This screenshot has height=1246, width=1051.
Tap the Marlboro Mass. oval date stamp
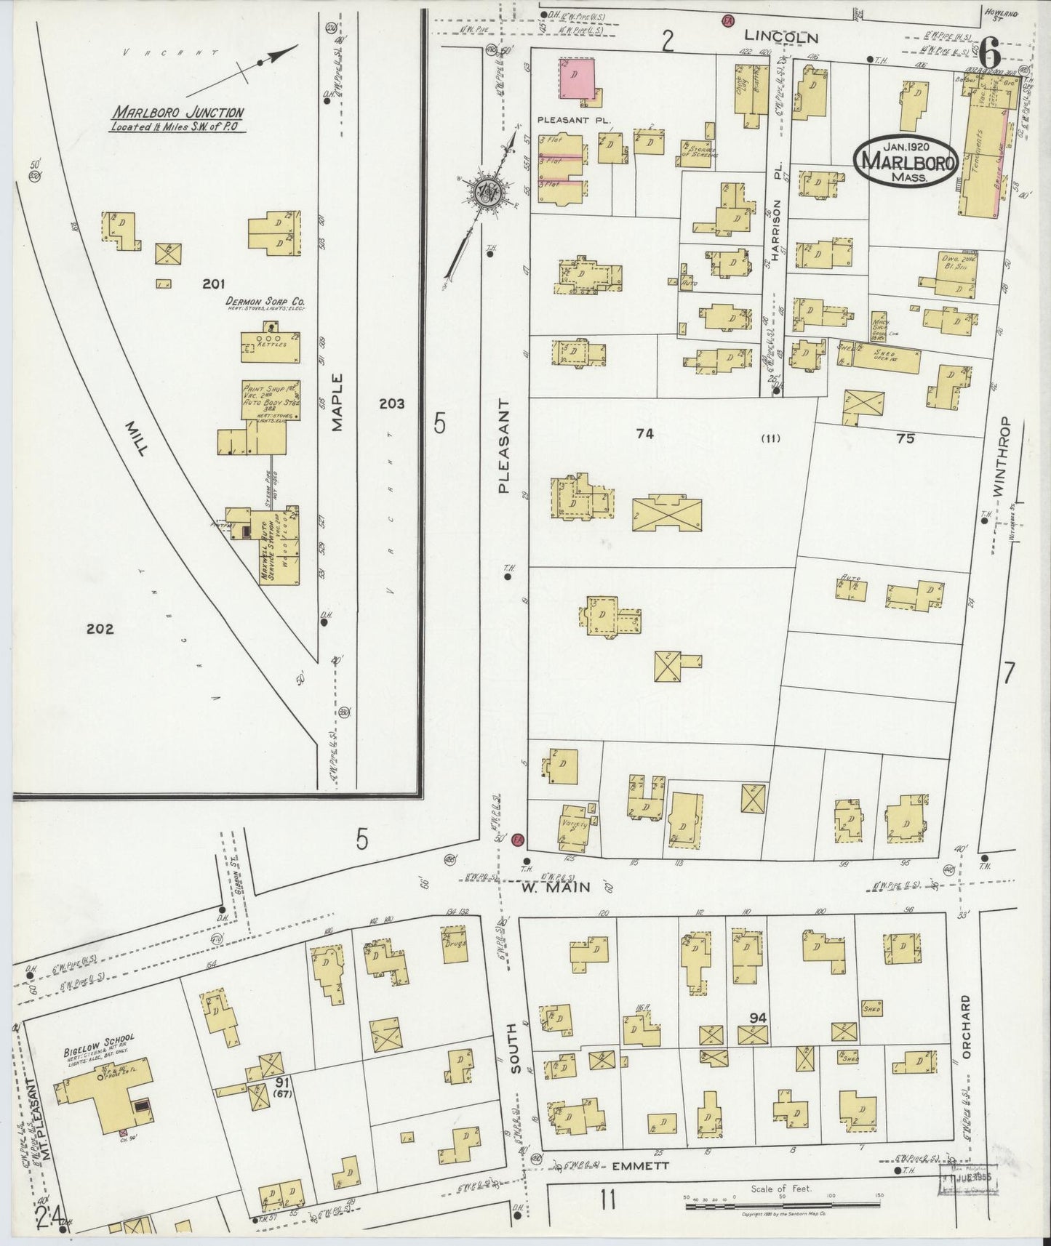pos(905,161)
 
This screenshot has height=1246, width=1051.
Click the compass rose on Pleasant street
pos(481,193)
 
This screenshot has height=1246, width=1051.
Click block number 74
pos(644,434)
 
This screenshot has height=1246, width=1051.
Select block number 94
pos(758,1018)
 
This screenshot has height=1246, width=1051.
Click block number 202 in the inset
pos(100,629)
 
